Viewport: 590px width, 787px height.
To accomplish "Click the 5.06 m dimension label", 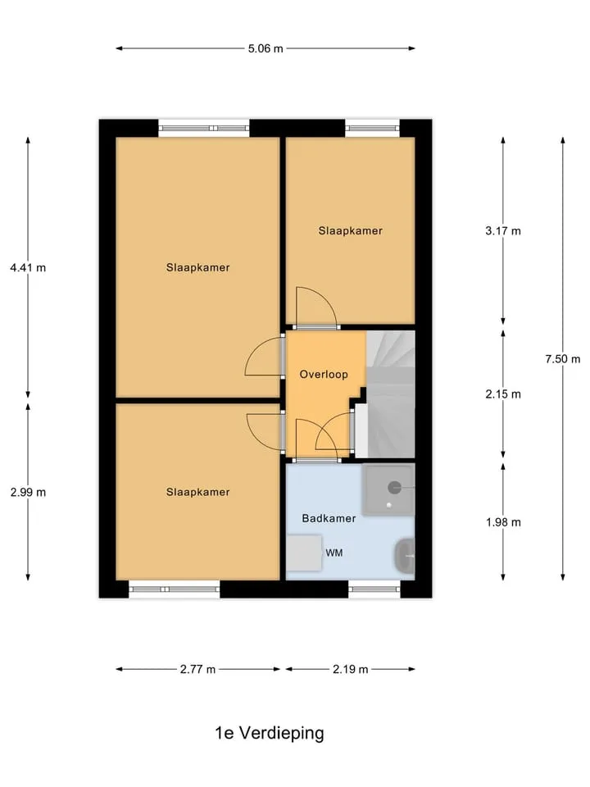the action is click(265, 48).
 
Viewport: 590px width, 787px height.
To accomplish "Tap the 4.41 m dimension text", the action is click(28, 267).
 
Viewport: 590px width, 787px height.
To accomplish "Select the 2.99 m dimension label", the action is click(28, 493).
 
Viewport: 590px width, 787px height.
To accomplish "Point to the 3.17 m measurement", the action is click(502, 231).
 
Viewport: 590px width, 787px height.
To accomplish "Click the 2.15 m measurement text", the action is click(502, 394).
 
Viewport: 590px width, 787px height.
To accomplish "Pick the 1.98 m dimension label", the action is click(502, 522).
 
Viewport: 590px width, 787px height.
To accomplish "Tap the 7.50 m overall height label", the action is click(562, 359).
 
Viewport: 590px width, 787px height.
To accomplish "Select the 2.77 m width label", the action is click(197, 669).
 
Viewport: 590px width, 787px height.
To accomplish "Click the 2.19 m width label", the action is click(350, 669).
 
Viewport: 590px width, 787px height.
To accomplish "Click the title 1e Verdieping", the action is click(270, 733).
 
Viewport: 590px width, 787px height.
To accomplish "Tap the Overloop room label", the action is click(324, 375).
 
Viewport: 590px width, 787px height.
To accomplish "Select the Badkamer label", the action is click(329, 518).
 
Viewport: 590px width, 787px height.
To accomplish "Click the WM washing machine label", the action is click(334, 553).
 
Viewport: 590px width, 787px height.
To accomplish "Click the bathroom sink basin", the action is click(405, 556).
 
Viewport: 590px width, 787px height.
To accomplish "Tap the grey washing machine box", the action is click(303, 553).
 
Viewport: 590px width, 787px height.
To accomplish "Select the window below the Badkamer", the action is click(374, 589).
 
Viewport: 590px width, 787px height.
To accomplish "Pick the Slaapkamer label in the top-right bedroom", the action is click(350, 231).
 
